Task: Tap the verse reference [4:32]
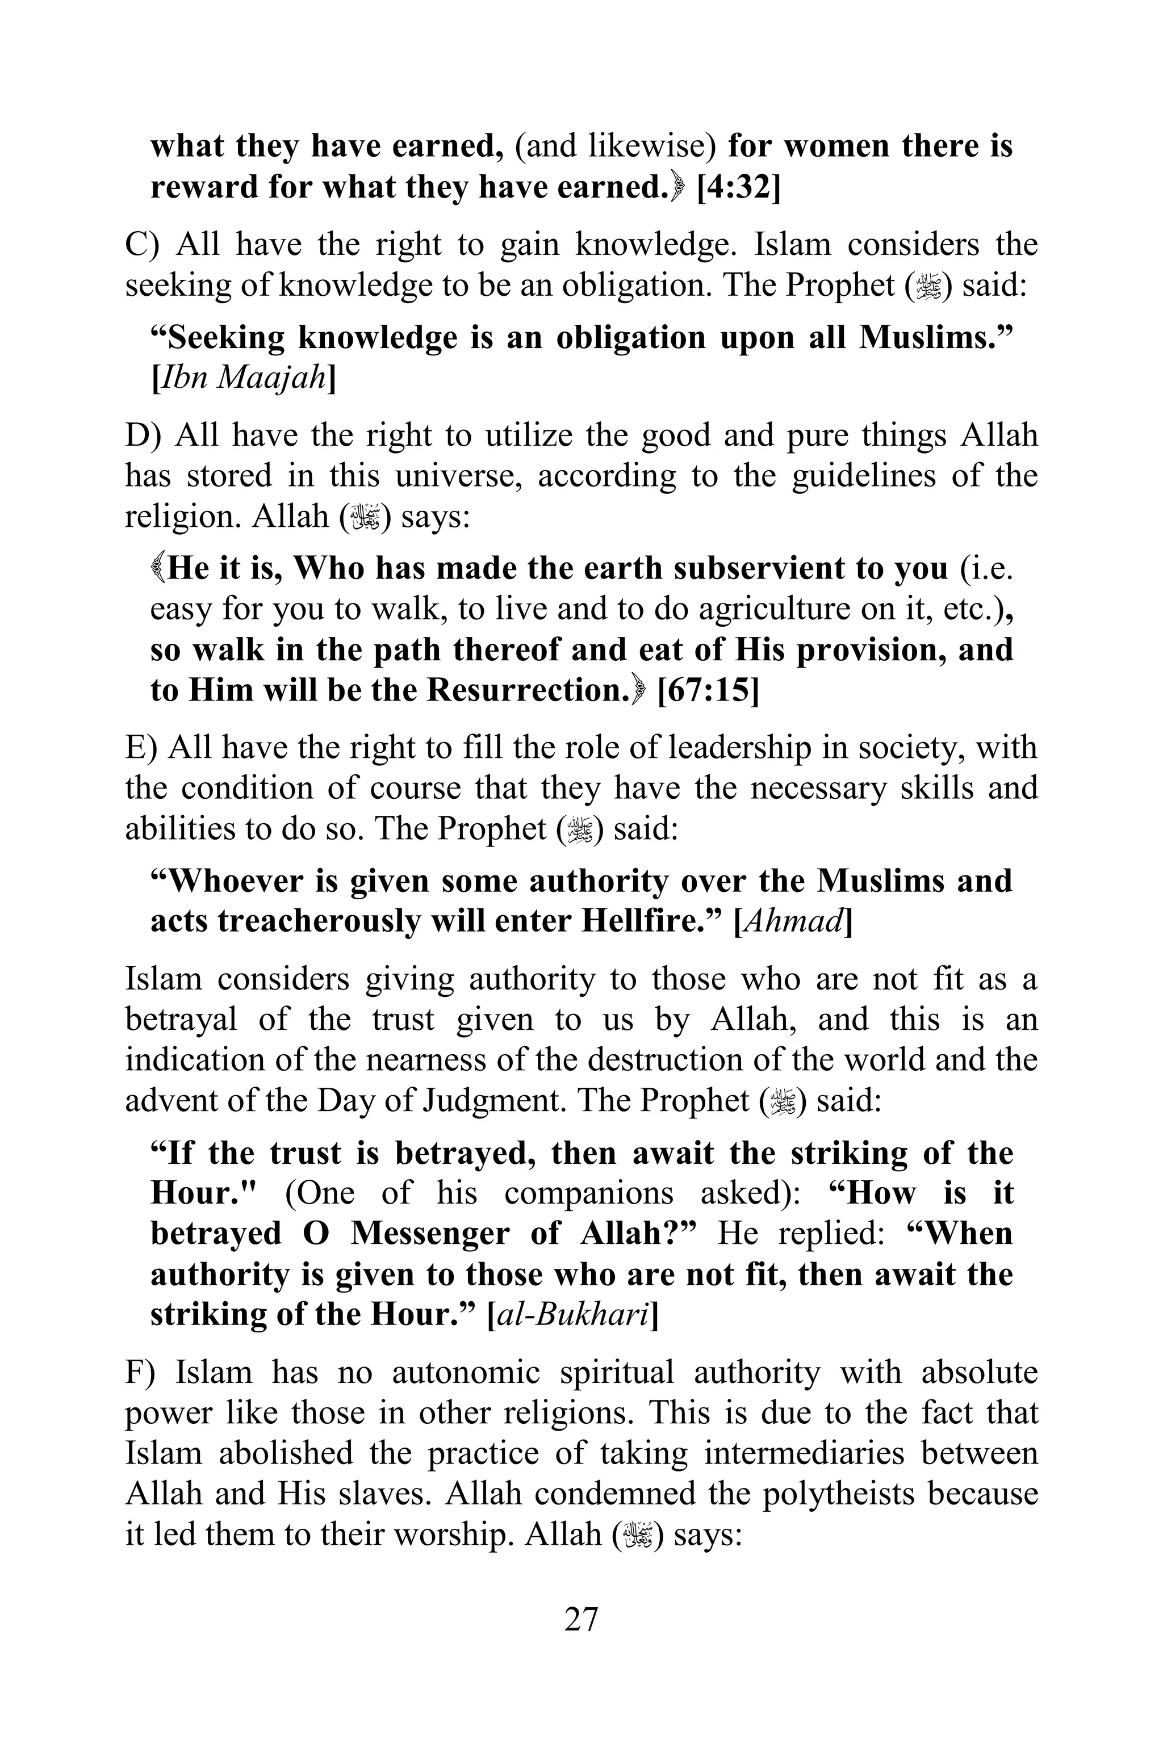coord(738,187)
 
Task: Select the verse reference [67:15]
coord(708,690)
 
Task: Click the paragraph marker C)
coord(143,245)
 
